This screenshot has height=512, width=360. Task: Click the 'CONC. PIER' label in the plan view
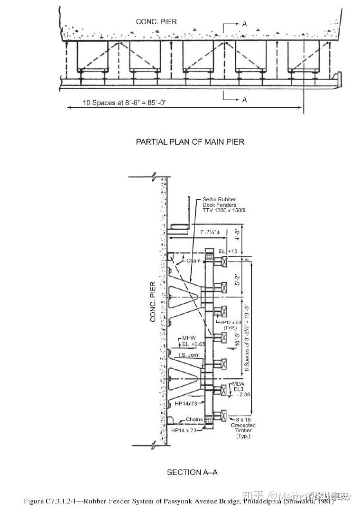tap(156, 22)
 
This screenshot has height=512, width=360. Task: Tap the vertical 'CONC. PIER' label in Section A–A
tap(153, 302)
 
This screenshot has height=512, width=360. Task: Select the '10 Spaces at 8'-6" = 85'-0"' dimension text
tap(124, 103)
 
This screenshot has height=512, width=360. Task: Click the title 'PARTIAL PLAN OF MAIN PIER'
tap(190, 141)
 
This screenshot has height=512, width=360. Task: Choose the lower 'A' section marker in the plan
tap(244, 100)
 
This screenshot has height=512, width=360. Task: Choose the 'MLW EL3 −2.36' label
tap(239, 389)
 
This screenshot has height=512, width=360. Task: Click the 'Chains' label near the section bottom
tap(194, 419)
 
